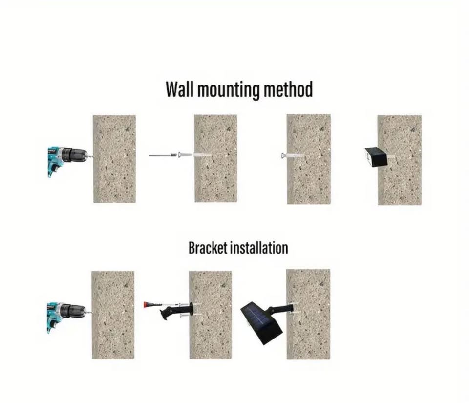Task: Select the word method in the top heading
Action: pyautogui.click(x=288, y=89)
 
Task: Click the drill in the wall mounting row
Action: pyautogui.click(x=67, y=161)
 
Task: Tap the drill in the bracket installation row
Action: pyautogui.click(x=67, y=317)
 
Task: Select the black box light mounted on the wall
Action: pyautogui.click(x=376, y=157)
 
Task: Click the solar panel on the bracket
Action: pyautogui.click(x=261, y=323)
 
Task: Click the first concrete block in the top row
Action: pyautogui.click(x=114, y=159)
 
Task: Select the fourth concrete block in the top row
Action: pyautogui.click(x=400, y=160)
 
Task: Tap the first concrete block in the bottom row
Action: pyautogui.click(x=113, y=315)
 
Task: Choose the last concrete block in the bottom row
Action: pyautogui.click(x=308, y=314)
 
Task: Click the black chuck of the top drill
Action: pyautogui.click(x=71, y=154)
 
